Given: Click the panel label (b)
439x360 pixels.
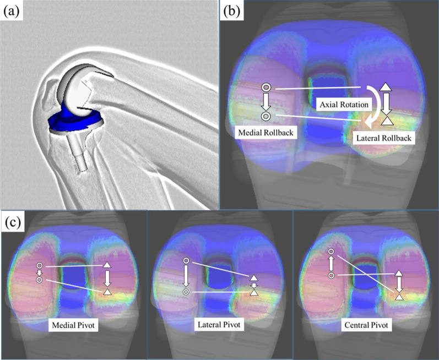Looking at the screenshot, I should point(231,12).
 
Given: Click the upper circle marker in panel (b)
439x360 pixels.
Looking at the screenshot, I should point(265,88).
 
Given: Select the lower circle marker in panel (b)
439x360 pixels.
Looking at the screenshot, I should point(265,116).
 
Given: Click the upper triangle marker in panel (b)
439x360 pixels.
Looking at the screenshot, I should point(386,87).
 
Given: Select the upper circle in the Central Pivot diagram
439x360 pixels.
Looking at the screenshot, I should point(332,253).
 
